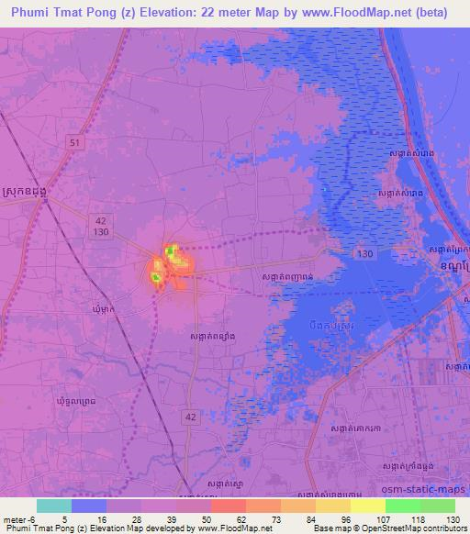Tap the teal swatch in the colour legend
pyautogui.click(x=54, y=506)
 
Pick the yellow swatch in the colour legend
pyautogui.click(x=367, y=506)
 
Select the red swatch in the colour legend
pyautogui.click(x=228, y=506)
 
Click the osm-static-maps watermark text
pyautogui.click(x=431, y=493)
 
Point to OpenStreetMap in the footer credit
pyautogui.click(x=398, y=528)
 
